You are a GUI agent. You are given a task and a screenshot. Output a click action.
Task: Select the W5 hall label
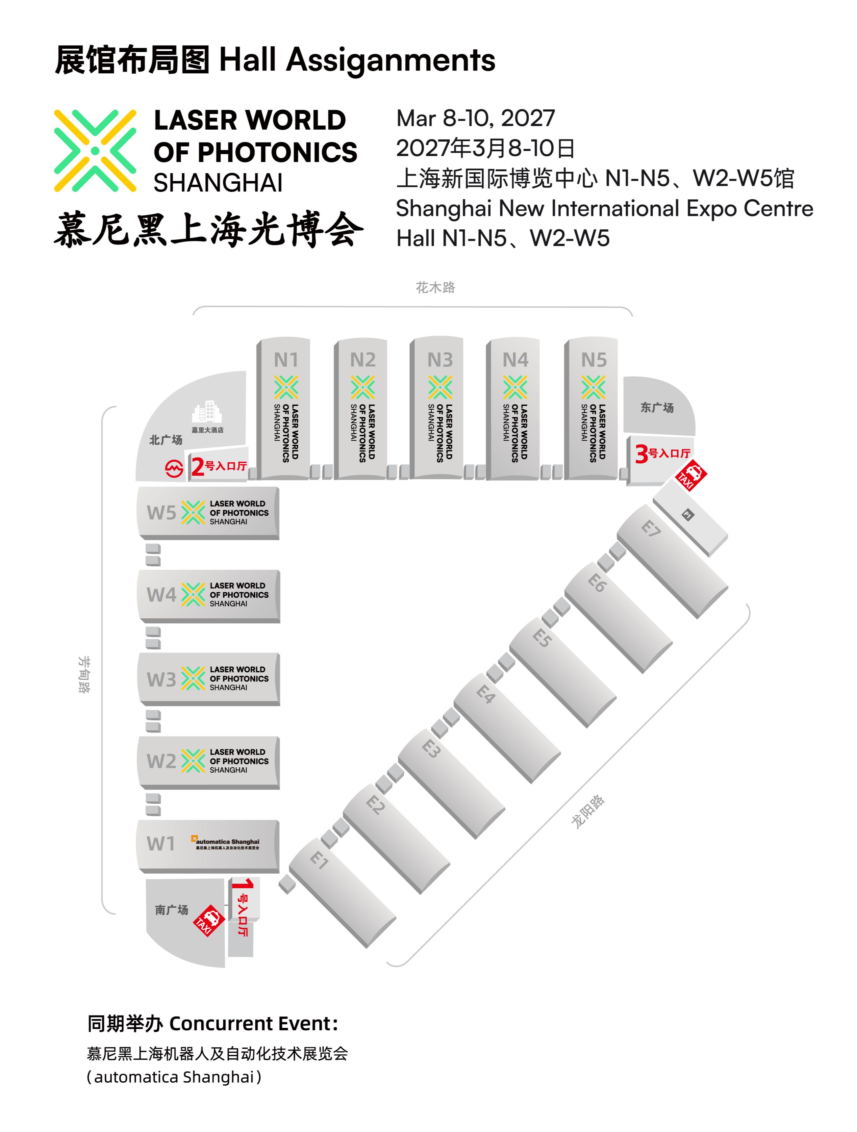click(x=161, y=513)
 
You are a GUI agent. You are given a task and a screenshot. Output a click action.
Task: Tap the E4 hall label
click(x=485, y=694)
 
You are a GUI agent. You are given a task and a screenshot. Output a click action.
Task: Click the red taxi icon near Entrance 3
click(x=691, y=474)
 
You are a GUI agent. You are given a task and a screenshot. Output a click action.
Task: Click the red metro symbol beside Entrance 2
click(x=174, y=468)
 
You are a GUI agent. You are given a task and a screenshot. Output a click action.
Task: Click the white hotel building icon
click(x=206, y=412)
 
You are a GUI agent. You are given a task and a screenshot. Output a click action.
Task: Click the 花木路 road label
click(x=435, y=288)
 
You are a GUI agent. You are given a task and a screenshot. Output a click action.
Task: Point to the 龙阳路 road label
click(x=588, y=811)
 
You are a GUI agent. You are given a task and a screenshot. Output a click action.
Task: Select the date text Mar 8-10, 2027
click(x=475, y=118)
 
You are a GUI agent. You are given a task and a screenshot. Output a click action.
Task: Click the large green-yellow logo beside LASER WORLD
click(x=95, y=151)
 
